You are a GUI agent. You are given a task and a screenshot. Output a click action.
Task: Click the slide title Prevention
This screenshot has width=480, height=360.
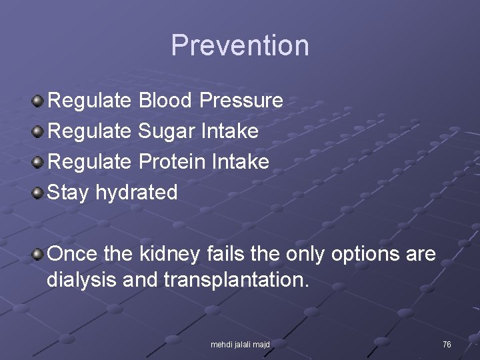coord(240,46)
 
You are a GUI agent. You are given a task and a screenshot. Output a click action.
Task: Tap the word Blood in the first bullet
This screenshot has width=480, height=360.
coord(166,101)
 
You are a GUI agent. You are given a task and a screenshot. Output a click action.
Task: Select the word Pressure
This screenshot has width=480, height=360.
coord(241,101)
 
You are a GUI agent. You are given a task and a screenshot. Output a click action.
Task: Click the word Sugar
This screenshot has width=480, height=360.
coord(166,131)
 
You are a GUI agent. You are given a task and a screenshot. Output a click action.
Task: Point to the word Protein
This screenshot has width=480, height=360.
coord(172,162)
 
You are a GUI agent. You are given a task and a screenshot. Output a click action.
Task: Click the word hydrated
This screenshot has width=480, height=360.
coord(137,193)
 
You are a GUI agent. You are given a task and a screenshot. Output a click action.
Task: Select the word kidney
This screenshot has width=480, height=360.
coord(169,254)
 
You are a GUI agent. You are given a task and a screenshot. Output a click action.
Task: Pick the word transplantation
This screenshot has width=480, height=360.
coord(236,280)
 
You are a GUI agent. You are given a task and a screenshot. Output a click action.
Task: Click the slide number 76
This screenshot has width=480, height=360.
coord(447,344)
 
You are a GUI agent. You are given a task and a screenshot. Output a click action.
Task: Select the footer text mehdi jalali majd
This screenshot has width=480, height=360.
coord(240,344)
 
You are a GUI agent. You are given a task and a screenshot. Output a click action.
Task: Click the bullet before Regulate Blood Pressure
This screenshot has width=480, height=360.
coord(39,101)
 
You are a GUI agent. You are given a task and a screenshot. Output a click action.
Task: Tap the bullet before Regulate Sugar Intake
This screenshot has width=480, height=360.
coord(39,132)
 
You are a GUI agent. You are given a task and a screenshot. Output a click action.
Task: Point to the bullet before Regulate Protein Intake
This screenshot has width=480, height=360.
coord(39,163)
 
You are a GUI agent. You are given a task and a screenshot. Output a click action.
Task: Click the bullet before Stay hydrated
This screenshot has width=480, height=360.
coord(39,193)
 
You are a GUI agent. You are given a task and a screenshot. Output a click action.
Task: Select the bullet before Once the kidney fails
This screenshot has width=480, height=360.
coord(39,255)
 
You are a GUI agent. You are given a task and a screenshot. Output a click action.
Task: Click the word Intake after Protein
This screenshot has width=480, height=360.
coord(240,162)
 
